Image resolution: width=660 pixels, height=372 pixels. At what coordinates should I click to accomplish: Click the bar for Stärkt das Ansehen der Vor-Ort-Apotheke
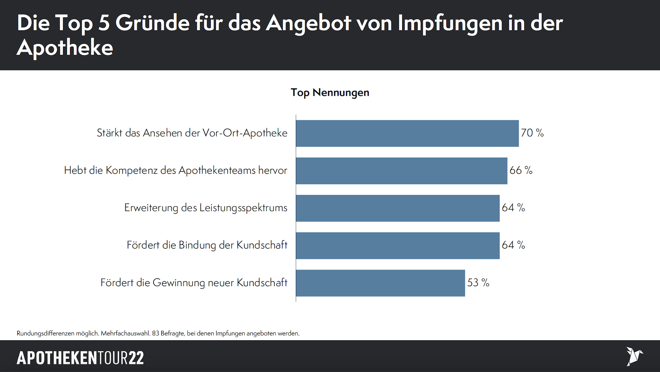point(407,133)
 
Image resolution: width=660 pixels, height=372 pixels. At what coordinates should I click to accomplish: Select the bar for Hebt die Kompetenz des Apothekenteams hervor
point(401,171)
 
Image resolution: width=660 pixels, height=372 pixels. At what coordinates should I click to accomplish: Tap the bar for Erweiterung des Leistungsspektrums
point(398,208)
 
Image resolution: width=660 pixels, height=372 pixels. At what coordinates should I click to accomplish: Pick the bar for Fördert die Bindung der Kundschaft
point(398,246)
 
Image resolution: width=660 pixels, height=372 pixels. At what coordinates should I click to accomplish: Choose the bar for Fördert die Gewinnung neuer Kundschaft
point(380,283)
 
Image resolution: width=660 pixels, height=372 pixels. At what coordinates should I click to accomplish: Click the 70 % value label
point(532,133)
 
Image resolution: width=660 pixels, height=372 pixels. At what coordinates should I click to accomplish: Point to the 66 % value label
point(521,170)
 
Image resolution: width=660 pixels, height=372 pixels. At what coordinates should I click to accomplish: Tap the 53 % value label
point(478,283)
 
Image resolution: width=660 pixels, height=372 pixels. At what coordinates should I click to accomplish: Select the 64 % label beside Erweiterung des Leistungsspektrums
point(513,208)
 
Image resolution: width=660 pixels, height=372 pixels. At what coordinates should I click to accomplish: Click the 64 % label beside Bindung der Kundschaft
point(513,245)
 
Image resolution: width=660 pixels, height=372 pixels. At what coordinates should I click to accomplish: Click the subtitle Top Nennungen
point(330,92)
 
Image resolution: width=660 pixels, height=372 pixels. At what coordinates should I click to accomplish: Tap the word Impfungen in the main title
point(450,23)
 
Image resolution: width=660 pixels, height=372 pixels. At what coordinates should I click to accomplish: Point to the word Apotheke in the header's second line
point(65,48)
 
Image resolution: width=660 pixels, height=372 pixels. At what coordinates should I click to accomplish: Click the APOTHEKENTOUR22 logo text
point(80,358)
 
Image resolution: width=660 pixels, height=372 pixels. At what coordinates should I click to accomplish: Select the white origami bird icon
point(634,356)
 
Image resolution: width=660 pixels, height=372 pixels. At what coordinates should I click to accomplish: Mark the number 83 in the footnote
point(156,333)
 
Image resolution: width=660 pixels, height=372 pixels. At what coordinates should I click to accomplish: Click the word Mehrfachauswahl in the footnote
point(125,333)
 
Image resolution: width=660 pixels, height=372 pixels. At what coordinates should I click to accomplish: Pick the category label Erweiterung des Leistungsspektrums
point(206,208)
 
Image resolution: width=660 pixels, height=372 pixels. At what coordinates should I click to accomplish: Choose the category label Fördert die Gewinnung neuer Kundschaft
point(194,283)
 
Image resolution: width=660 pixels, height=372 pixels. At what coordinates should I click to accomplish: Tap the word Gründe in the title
point(152,23)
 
